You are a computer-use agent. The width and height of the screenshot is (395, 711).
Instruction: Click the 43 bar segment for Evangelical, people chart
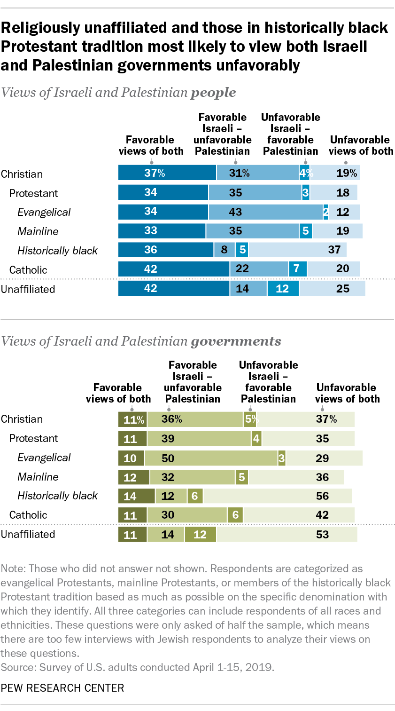(x=265, y=212)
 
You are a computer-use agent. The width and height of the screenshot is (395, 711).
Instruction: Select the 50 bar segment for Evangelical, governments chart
(x=211, y=458)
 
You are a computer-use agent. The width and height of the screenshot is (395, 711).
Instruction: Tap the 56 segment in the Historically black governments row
(x=277, y=496)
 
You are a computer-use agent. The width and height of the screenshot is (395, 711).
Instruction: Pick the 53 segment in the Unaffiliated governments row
(x=287, y=534)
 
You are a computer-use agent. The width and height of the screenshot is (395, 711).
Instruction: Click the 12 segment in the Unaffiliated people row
(x=283, y=288)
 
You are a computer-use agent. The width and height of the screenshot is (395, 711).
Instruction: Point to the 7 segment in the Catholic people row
(x=297, y=269)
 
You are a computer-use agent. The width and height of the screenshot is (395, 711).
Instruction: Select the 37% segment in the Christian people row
(x=167, y=173)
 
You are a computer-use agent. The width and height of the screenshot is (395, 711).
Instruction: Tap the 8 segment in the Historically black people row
(x=225, y=250)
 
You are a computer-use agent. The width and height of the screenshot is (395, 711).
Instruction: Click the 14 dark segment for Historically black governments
(x=136, y=496)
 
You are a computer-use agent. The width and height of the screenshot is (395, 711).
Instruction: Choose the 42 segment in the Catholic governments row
(x=299, y=515)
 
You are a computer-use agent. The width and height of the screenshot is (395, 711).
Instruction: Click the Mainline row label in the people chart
(x=38, y=231)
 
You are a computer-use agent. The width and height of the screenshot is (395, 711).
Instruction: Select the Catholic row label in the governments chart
(x=28, y=515)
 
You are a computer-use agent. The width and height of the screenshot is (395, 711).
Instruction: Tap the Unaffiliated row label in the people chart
(x=28, y=289)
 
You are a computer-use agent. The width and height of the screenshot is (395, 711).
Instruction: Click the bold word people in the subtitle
(x=213, y=93)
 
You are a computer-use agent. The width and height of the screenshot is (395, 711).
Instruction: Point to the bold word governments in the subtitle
(x=236, y=341)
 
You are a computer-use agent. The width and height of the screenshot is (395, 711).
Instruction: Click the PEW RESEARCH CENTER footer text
(x=62, y=688)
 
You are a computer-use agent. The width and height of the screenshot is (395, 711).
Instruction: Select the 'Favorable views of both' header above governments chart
(x=118, y=393)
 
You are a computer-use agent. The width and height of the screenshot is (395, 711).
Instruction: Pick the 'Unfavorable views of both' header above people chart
(x=361, y=145)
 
